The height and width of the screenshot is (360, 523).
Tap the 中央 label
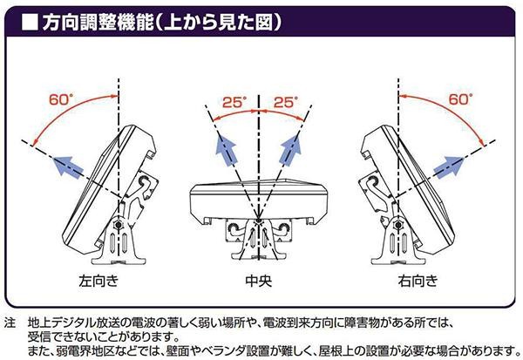pos(260,281)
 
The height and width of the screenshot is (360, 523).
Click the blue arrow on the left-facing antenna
pos(73,166)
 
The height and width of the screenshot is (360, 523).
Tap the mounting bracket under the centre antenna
pos(260,236)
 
